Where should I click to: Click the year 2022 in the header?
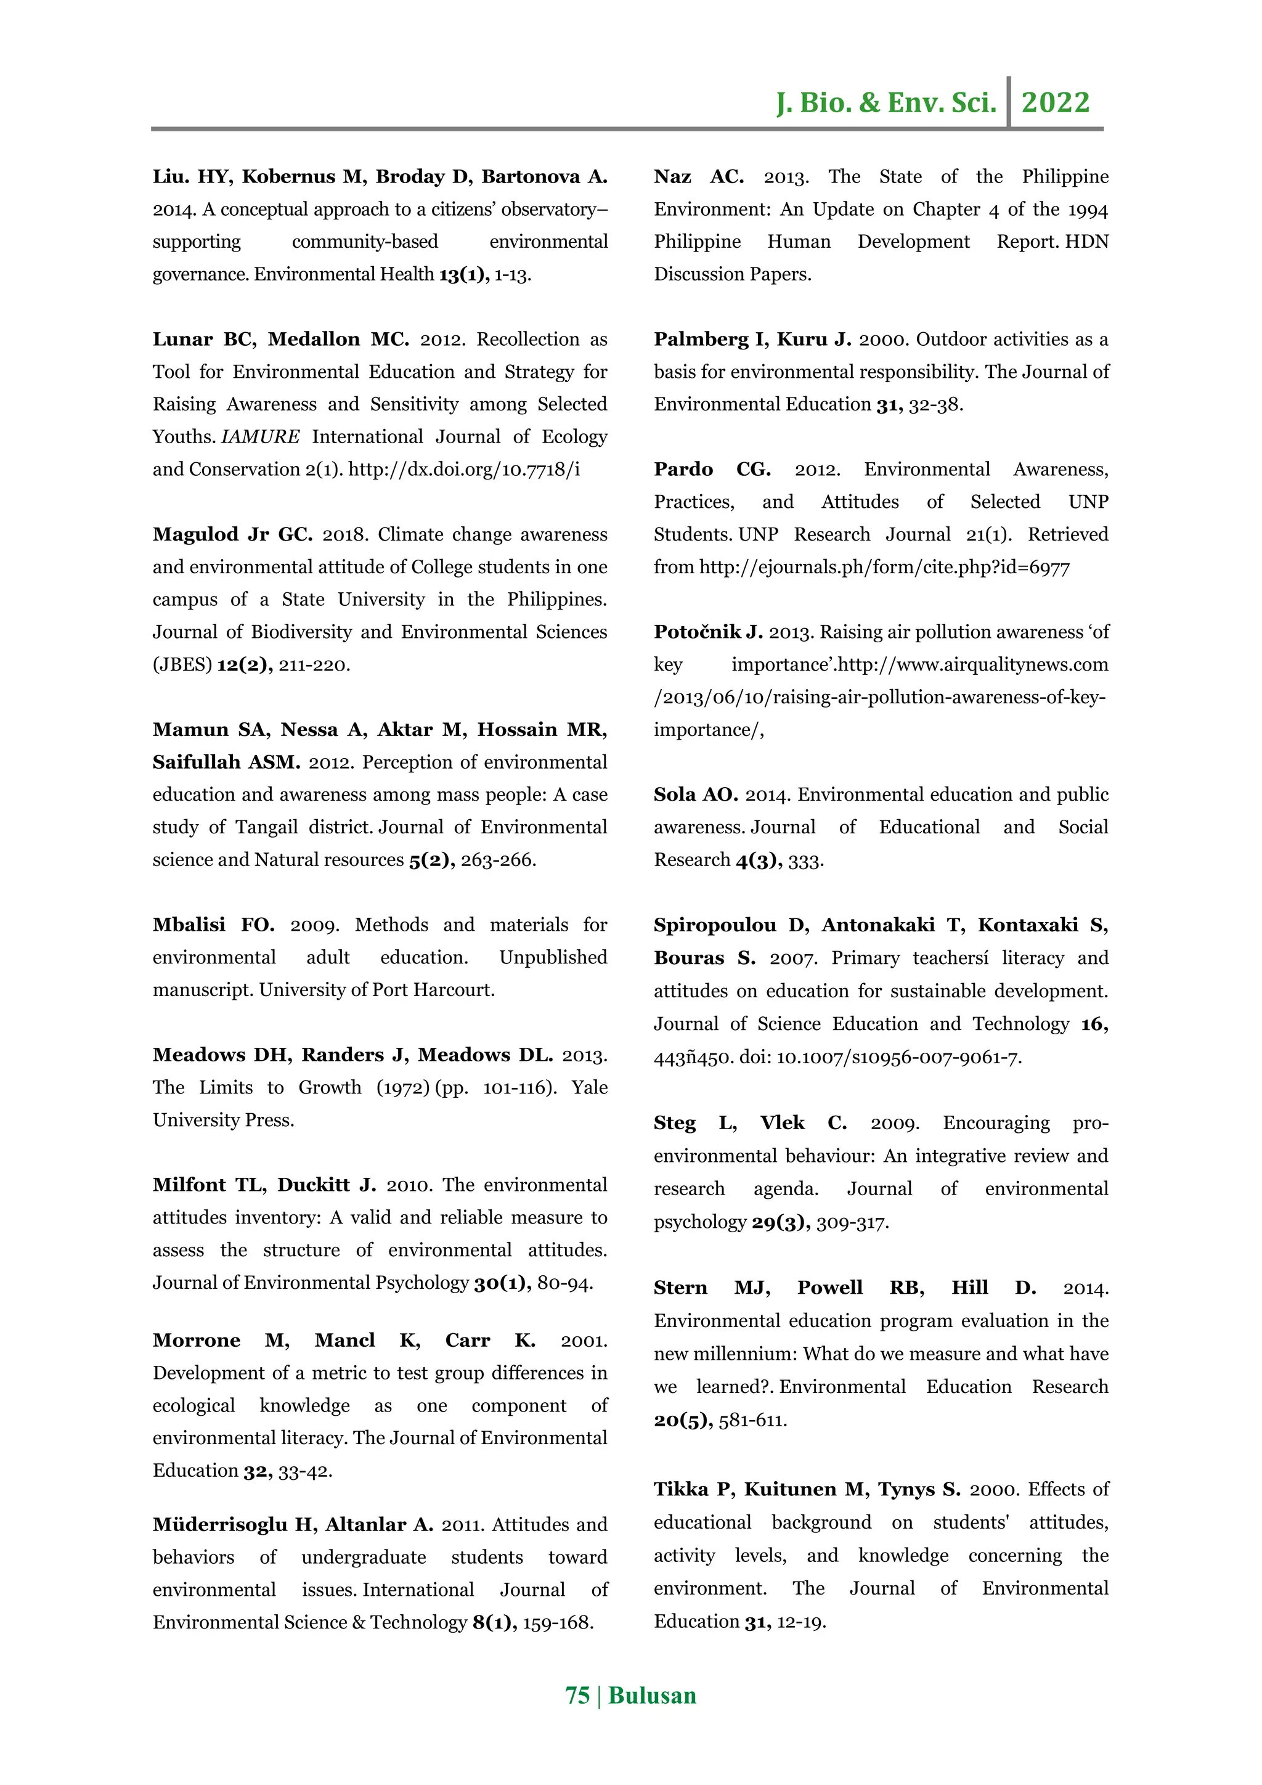[x=1056, y=102]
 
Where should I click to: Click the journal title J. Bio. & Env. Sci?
[x=886, y=102]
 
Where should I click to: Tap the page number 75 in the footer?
[x=577, y=1696]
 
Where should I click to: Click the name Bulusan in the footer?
[x=652, y=1696]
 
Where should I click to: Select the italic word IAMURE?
[x=260, y=437]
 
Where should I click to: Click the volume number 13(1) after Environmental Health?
[x=463, y=274]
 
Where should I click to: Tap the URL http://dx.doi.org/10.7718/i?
[x=464, y=470]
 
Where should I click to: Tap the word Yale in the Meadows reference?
[x=589, y=1088]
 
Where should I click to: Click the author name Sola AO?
[x=696, y=794]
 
